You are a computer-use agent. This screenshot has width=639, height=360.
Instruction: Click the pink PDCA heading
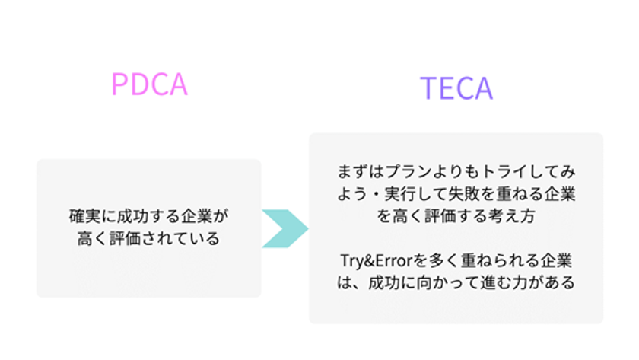(x=149, y=84)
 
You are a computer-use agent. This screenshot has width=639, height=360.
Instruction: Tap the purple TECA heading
(x=456, y=89)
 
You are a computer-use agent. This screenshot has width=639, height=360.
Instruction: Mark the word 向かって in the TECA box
(x=443, y=283)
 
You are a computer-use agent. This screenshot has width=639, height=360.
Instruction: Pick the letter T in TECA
(x=428, y=89)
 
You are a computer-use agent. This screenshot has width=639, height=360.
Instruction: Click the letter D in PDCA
(x=138, y=84)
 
